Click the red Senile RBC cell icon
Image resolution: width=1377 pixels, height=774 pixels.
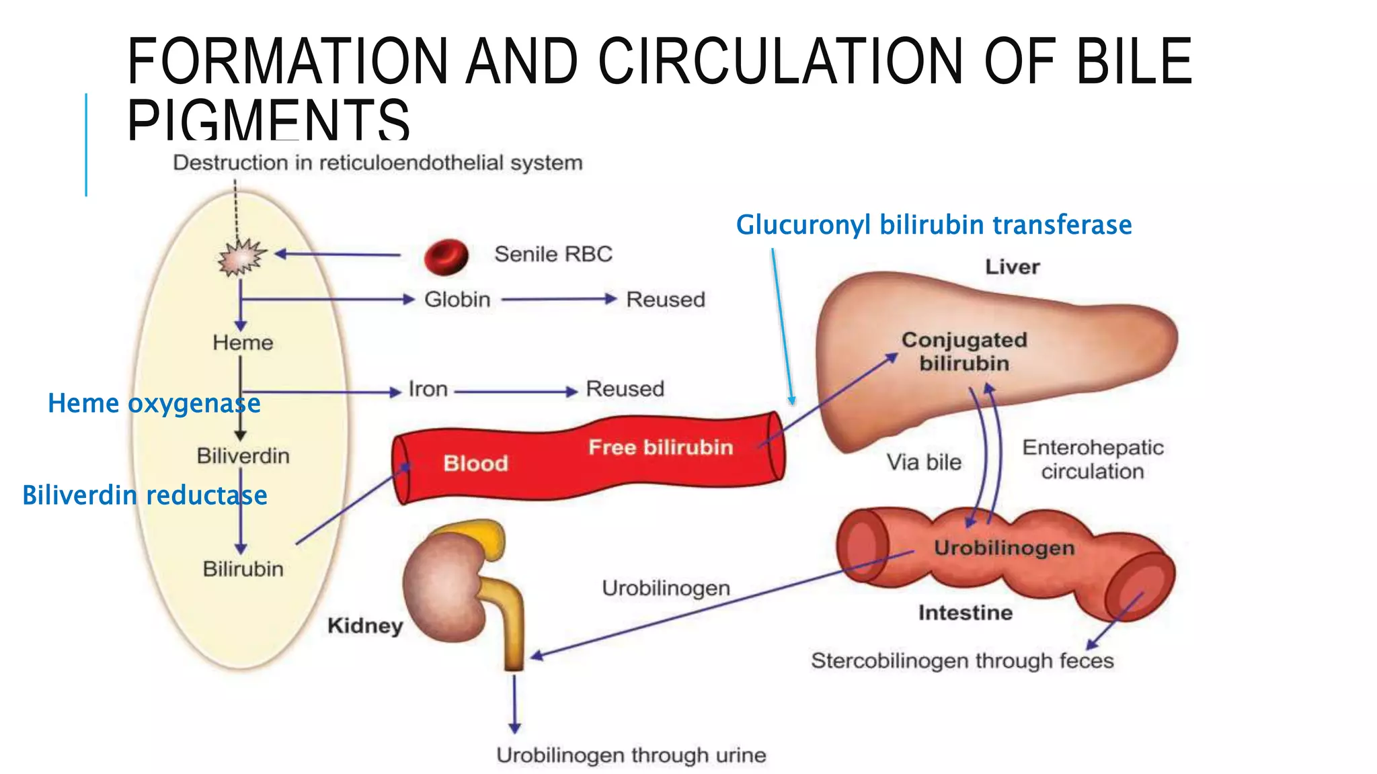click(x=446, y=257)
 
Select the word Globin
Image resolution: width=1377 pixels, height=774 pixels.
click(x=457, y=300)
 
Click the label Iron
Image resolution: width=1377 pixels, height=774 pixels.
click(x=428, y=389)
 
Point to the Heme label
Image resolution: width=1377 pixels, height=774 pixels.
click(x=243, y=343)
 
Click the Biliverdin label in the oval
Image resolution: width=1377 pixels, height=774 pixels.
click(x=243, y=456)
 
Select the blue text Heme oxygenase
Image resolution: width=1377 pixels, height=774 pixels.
click(x=154, y=403)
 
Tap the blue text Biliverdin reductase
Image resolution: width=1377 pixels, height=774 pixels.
click(x=145, y=495)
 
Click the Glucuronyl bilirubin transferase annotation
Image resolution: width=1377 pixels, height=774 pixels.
click(x=933, y=224)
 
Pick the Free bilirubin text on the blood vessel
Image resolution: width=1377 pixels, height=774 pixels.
click(x=660, y=447)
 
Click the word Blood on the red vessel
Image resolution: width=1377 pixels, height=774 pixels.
click(x=475, y=464)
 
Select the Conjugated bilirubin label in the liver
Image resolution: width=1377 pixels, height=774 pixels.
click(x=964, y=351)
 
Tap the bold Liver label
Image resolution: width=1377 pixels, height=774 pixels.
click(x=1012, y=267)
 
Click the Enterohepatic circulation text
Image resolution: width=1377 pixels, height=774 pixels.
click(x=1093, y=460)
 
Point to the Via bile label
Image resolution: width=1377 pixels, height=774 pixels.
click(x=924, y=462)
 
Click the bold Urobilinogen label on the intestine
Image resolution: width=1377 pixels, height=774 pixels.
click(x=1004, y=548)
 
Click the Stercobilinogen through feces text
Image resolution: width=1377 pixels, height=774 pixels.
click(x=962, y=661)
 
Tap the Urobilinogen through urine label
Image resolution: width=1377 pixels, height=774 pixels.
click(x=631, y=755)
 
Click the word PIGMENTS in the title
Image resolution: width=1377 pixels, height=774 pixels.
click(x=268, y=120)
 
